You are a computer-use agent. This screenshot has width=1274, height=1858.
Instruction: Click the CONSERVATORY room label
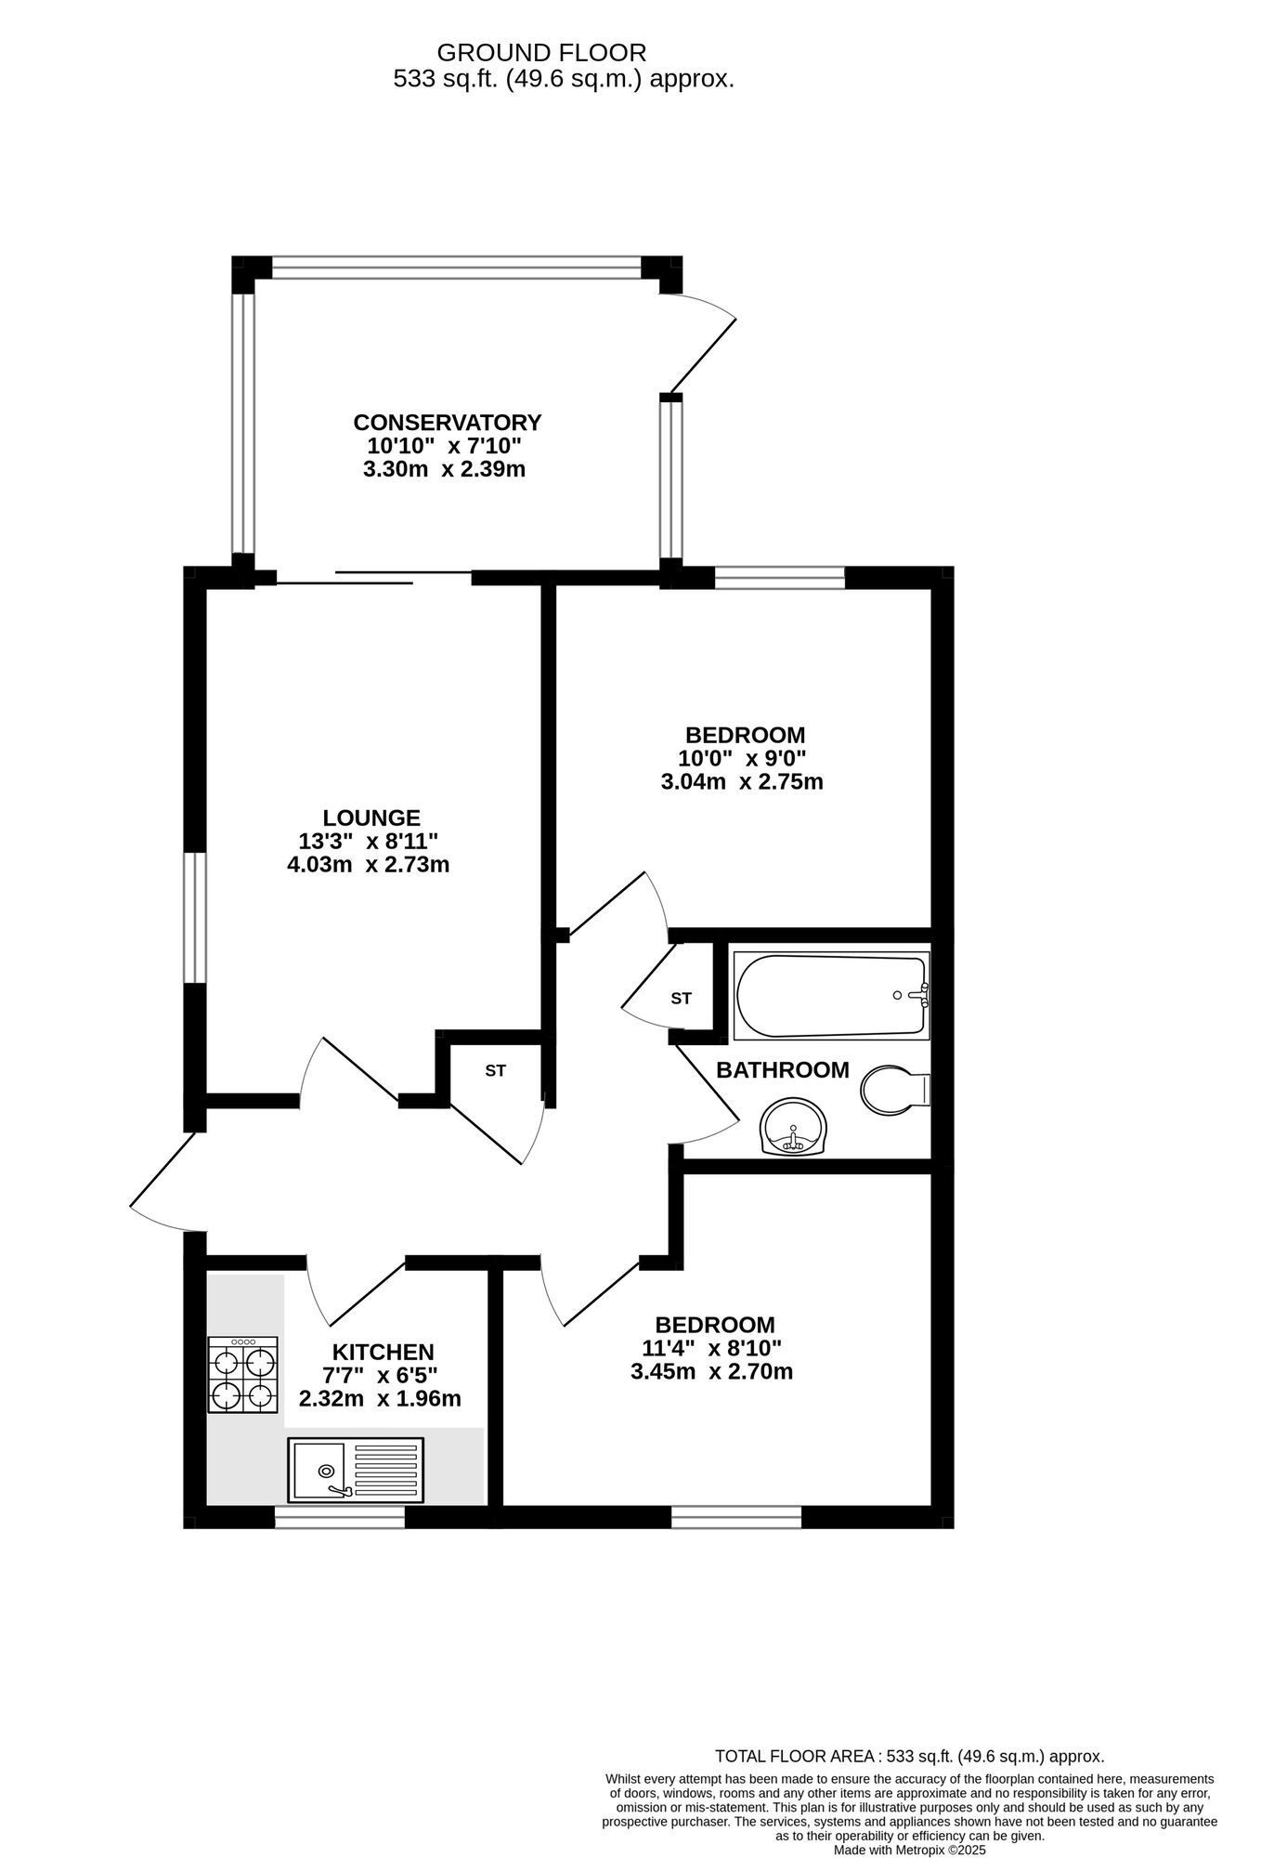coord(447,423)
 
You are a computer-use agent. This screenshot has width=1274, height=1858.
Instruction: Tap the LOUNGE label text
coord(371,818)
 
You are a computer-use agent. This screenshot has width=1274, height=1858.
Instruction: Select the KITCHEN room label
coord(383,1353)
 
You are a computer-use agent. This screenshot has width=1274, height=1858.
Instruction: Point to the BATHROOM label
coord(782,1070)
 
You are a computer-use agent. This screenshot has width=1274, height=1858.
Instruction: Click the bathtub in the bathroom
coord(831,995)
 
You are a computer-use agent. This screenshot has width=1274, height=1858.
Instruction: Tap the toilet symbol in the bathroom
coord(894,1090)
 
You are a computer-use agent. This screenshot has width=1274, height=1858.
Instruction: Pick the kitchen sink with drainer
coord(356,1471)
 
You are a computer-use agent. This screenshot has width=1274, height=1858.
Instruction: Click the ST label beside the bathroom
coord(682,999)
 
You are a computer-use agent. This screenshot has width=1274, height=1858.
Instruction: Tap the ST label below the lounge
coord(495,1070)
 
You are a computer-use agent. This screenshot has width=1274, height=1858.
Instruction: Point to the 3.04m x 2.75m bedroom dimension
coord(741,781)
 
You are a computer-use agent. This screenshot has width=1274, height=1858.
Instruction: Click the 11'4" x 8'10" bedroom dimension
coord(711,1347)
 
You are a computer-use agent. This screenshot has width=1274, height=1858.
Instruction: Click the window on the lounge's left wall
coord(194,918)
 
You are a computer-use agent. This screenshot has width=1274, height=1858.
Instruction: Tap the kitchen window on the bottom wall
coord(340,1518)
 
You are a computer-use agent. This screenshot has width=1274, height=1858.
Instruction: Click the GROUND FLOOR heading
coord(541,53)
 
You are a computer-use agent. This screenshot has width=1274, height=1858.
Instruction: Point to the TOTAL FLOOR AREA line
coord(909,1757)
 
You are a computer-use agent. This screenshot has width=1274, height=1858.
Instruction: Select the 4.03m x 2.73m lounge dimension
coord(369,865)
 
